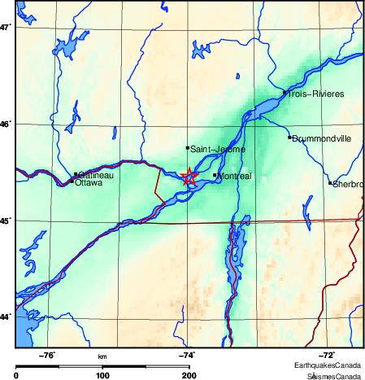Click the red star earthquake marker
point(189,177)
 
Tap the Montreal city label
point(236,176)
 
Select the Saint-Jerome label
point(217,149)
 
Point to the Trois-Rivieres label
point(315,94)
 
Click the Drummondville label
point(322,138)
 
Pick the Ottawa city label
point(88,183)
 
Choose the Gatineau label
point(96,175)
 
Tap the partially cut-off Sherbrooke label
point(347,184)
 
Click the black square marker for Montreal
point(215,175)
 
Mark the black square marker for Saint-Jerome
point(188,148)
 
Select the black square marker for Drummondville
point(289,138)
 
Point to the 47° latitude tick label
point(6,28)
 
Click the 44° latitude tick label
point(6,317)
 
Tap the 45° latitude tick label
point(6,221)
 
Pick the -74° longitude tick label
point(188,355)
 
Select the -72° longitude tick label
point(328,355)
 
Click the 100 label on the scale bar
point(102,374)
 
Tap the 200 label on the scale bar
point(189,374)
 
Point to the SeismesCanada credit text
point(333,376)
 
